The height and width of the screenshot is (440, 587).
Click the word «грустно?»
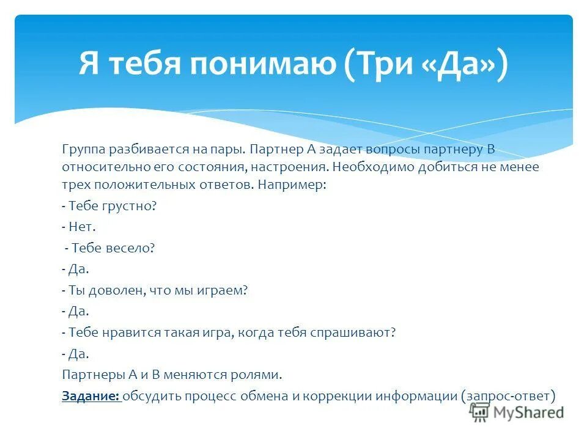[x=131, y=207]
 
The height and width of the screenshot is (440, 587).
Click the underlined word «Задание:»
[x=90, y=396]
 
